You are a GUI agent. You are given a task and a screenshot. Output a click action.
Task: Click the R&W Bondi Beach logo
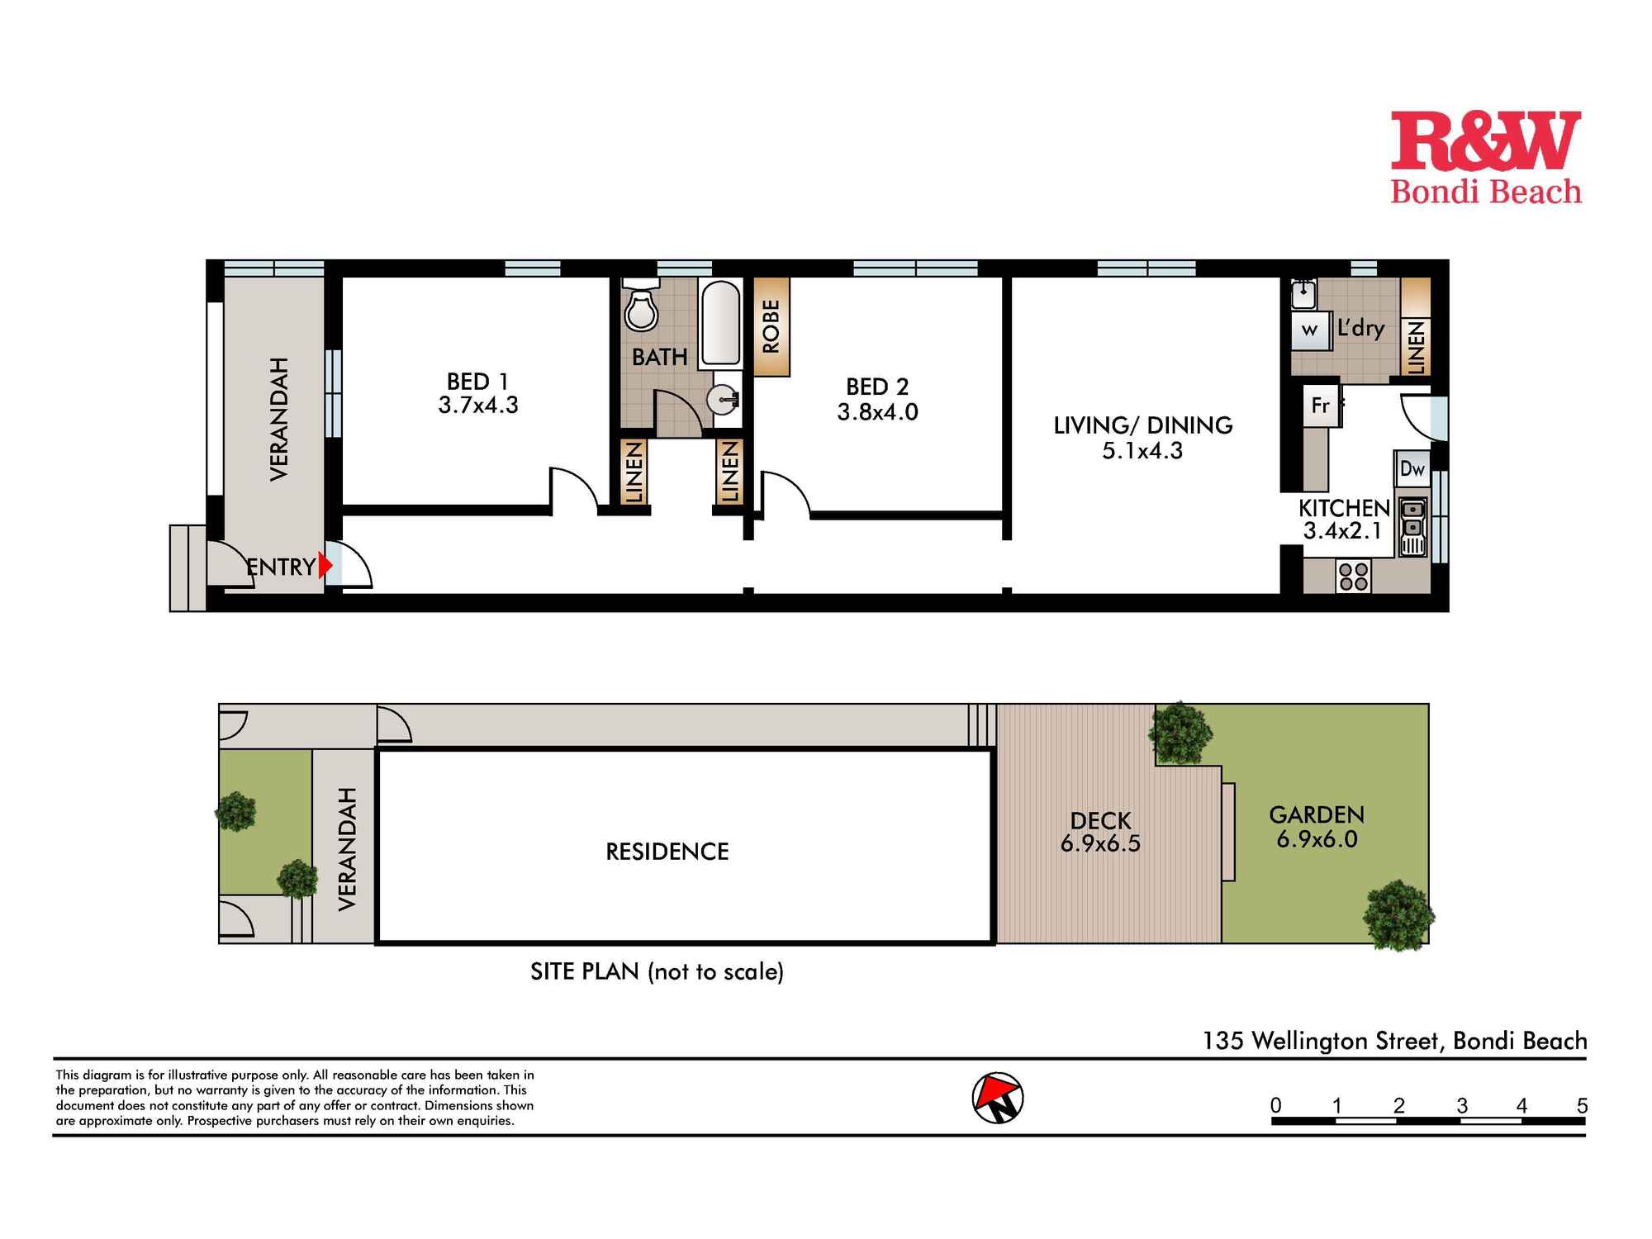1485,157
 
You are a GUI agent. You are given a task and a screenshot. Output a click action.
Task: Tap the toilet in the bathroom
640,308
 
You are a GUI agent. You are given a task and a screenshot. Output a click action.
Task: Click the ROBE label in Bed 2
771,327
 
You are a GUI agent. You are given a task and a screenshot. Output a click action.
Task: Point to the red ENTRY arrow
325,566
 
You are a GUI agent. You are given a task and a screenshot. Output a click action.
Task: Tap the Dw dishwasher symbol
1412,469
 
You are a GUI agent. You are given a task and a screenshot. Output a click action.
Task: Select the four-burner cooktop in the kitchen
1353,576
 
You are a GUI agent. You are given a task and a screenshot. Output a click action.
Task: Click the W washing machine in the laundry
1309,330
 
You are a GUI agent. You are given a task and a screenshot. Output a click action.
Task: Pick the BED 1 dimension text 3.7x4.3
478,406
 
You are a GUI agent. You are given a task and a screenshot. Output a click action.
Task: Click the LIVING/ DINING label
1142,425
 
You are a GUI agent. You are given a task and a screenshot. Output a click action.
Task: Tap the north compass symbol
998,1099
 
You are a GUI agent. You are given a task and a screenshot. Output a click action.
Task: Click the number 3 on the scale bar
1462,1105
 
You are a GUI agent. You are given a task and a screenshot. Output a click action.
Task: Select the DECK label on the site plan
1100,820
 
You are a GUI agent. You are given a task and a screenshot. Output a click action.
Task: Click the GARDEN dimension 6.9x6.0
1317,840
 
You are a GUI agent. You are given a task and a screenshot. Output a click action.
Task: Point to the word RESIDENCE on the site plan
667,852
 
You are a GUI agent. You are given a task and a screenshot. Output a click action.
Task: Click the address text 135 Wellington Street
1322,1040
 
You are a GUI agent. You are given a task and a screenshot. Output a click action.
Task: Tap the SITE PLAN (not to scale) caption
657,971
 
